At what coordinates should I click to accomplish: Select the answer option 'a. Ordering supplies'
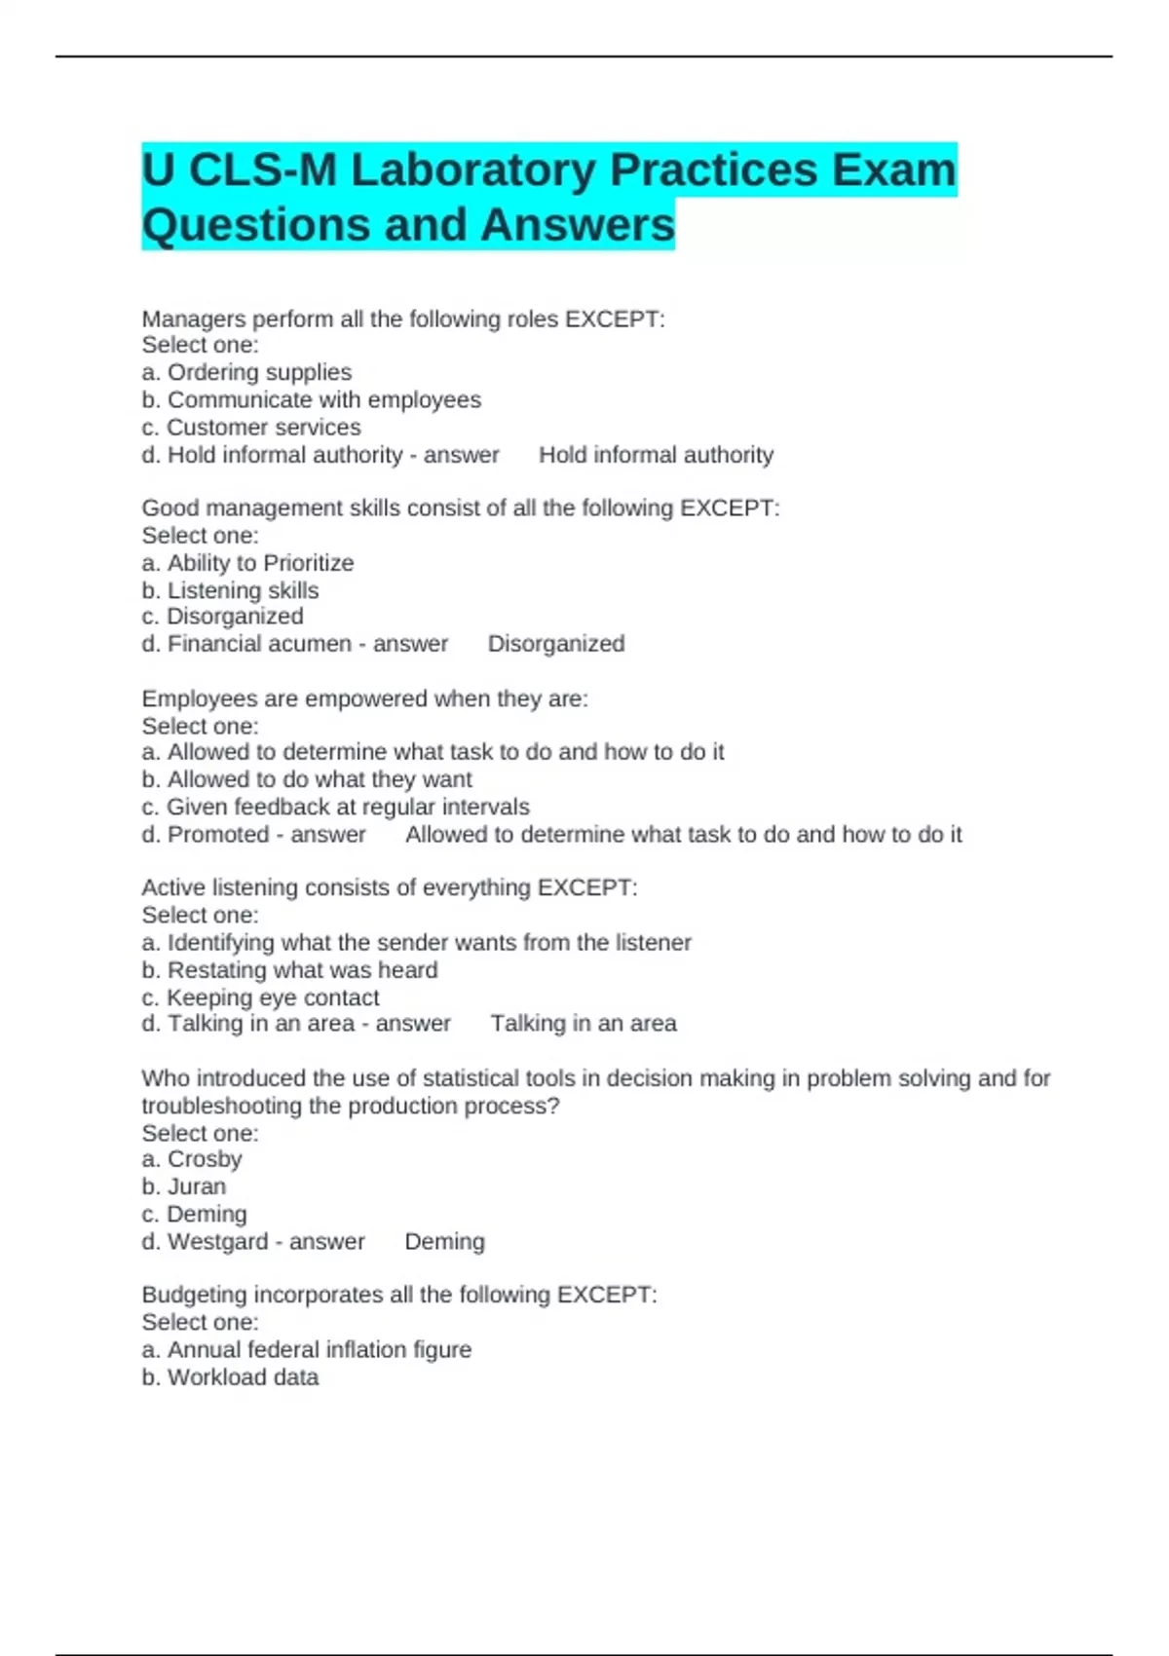tap(246, 372)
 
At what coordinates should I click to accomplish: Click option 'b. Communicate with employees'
tap(311, 399)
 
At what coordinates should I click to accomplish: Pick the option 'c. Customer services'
tap(250, 427)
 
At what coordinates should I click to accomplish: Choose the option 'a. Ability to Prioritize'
tap(247, 563)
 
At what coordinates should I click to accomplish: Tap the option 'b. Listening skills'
tap(230, 590)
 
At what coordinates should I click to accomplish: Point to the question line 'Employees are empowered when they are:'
tap(364, 698)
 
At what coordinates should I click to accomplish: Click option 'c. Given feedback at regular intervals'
tap(335, 807)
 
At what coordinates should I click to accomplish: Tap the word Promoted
tap(218, 835)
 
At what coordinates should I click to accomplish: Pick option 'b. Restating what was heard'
tap(289, 970)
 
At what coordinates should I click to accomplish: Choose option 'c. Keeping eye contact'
tap(260, 997)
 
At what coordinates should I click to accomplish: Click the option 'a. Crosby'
tap(192, 1159)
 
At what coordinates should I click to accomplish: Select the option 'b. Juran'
tap(183, 1186)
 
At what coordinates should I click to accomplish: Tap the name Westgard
tap(217, 1242)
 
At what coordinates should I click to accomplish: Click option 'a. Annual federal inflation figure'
tap(306, 1349)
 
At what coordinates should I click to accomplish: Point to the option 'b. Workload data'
tap(230, 1377)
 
